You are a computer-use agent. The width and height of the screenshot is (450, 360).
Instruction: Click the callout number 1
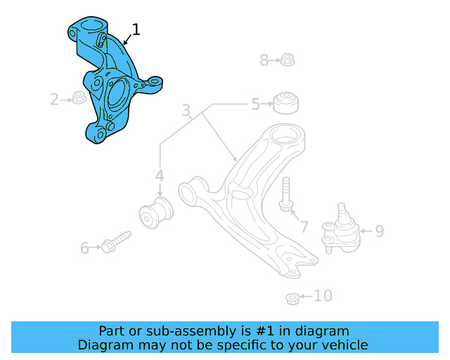(136, 30)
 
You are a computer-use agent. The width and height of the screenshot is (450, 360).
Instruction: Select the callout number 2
(54, 100)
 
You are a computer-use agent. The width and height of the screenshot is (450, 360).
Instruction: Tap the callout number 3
(186, 110)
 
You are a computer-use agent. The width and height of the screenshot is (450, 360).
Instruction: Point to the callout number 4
(160, 176)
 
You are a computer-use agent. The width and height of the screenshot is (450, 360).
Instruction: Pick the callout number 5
(256, 105)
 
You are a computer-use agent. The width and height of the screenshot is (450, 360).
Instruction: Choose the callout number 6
(85, 247)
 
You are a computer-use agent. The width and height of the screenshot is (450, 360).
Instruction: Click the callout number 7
(304, 226)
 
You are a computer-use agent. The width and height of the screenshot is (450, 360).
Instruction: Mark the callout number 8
(264, 60)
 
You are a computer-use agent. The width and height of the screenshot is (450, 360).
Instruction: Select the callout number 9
(379, 231)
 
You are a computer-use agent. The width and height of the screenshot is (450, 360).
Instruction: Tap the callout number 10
(322, 296)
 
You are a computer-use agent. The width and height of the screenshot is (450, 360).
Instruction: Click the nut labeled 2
(79, 98)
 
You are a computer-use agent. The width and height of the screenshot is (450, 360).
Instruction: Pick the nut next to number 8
(287, 60)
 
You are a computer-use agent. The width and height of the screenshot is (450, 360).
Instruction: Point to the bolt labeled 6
(116, 241)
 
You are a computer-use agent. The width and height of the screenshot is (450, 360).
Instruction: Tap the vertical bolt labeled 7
(285, 195)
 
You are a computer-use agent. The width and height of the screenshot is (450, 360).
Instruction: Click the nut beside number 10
(294, 299)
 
